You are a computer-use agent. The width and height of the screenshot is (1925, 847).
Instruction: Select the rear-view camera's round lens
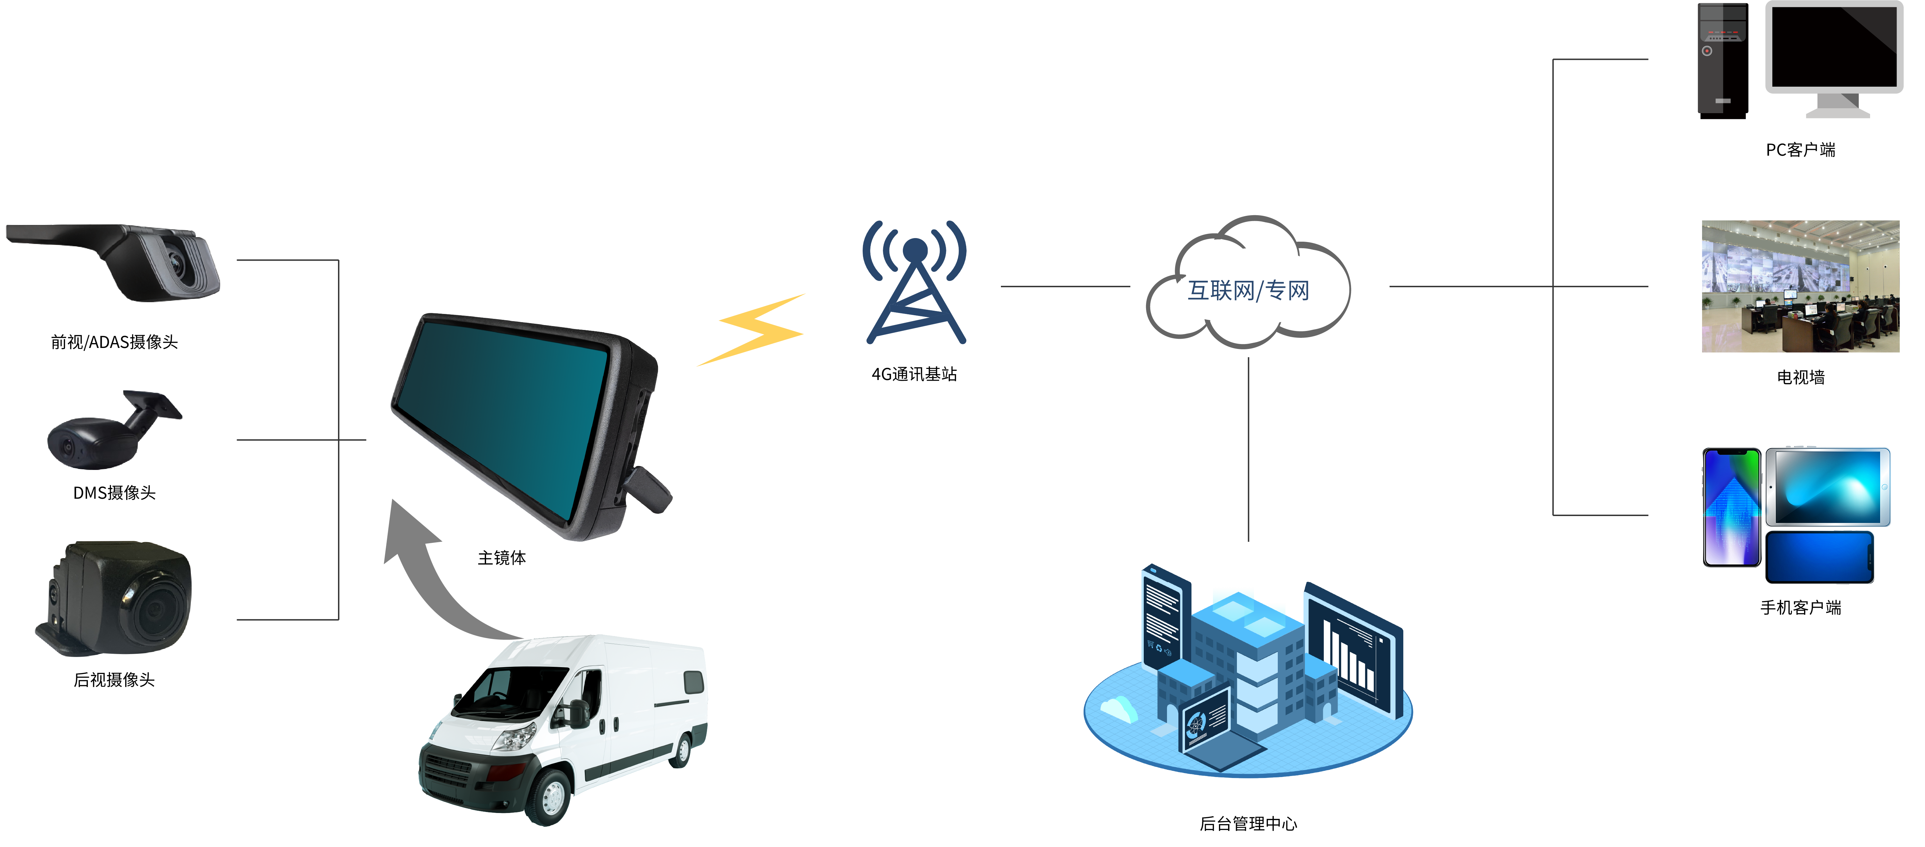coord(155,607)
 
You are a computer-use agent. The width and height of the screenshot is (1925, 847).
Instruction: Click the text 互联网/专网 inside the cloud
coord(1248,290)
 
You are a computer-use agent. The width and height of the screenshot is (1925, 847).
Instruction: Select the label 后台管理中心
coord(1248,824)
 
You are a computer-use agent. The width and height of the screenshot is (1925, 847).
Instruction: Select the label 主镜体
coord(501,558)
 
